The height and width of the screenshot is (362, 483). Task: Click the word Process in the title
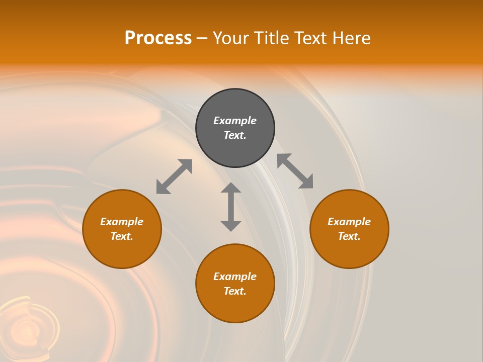[x=158, y=38]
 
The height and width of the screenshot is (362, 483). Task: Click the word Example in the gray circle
[x=235, y=121]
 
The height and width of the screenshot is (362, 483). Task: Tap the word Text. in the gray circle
[x=235, y=135]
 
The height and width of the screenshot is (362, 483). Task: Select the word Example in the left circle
[x=122, y=222]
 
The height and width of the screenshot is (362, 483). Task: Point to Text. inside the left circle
[x=122, y=236]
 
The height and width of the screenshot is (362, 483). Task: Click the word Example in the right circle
[x=349, y=222]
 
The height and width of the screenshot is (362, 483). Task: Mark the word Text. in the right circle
[x=349, y=236]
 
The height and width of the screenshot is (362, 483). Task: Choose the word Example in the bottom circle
[x=235, y=277]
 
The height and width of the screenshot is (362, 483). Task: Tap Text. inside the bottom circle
[x=235, y=291]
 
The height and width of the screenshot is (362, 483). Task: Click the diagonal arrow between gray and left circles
[x=174, y=176]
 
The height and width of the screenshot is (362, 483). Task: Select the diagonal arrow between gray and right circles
[x=295, y=171]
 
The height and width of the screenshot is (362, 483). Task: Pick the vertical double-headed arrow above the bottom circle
[x=231, y=207]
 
